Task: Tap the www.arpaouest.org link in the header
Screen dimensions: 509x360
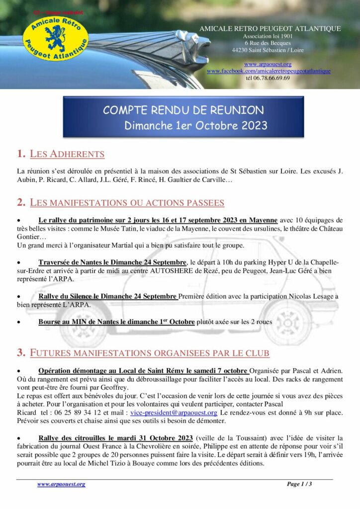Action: point(268,64)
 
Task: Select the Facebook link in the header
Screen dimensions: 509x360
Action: point(269,71)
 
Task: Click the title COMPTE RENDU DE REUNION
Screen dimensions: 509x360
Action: point(183,110)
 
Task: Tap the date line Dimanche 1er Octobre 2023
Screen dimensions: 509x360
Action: point(196,125)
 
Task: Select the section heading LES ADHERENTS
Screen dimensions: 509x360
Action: point(67,154)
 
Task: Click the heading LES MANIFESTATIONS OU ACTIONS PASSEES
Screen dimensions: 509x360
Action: point(127,202)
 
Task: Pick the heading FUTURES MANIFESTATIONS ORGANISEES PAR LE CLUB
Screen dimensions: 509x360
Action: point(150,353)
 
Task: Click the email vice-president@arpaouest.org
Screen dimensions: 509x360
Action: point(170,413)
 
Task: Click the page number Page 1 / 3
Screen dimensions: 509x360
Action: point(299,484)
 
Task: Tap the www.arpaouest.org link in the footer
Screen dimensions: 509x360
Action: point(61,484)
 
